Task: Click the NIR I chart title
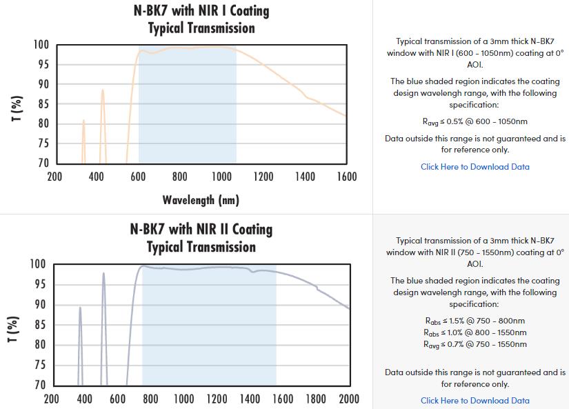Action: [201, 19]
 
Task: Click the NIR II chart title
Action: [201, 238]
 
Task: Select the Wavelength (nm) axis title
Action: [201, 200]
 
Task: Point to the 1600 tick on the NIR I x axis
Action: [347, 177]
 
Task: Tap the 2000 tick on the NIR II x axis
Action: [349, 399]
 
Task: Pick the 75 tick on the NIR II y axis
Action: [41, 366]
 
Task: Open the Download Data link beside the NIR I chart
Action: [475, 167]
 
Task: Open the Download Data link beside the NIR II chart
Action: [475, 401]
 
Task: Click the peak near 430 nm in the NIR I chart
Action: [103, 90]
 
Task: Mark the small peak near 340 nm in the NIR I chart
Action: [83, 121]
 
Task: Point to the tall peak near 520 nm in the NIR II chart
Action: [103, 274]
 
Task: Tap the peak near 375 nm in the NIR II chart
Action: [80, 308]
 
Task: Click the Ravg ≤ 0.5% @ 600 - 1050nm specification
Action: [475, 122]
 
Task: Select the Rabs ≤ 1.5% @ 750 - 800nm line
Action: [475, 321]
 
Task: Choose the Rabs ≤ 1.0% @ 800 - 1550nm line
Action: [475, 332]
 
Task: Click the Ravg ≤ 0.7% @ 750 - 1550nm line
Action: [475, 344]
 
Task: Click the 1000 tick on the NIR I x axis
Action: [221, 177]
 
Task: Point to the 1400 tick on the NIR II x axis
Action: [250, 399]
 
